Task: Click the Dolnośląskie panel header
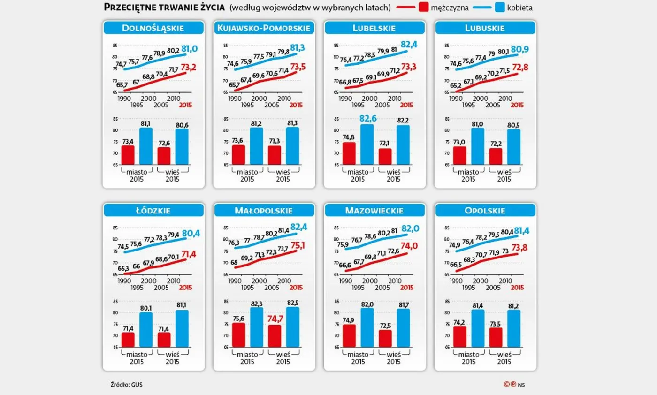click(x=153, y=28)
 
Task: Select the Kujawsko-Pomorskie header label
click(x=264, y=28)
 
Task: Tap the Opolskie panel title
click(x=486, y=211)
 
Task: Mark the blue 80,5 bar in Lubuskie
click(x=513, y=147)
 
